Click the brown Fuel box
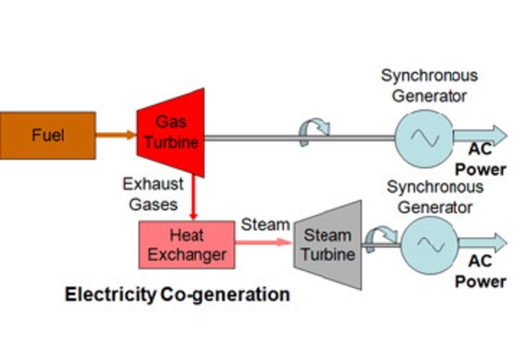click(48, 136)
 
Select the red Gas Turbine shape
click(171, 132)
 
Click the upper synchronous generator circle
click(424, 138)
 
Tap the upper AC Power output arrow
click(480, 136)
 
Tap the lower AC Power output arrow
click(482, 243)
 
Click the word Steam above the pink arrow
click(265, 225)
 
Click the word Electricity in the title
click(110, 295)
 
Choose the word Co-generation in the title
click(225, 295)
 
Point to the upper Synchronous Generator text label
click(429, 85)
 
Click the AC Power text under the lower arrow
click(481, 271)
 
